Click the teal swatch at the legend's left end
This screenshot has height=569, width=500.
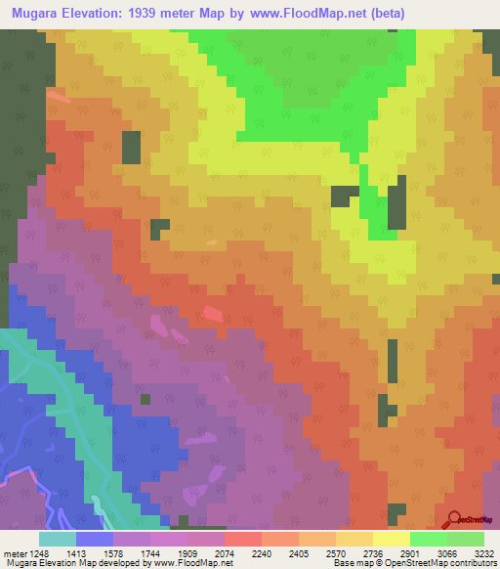58,539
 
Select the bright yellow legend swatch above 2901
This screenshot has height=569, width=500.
391,539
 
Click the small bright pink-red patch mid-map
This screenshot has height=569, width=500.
212,314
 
